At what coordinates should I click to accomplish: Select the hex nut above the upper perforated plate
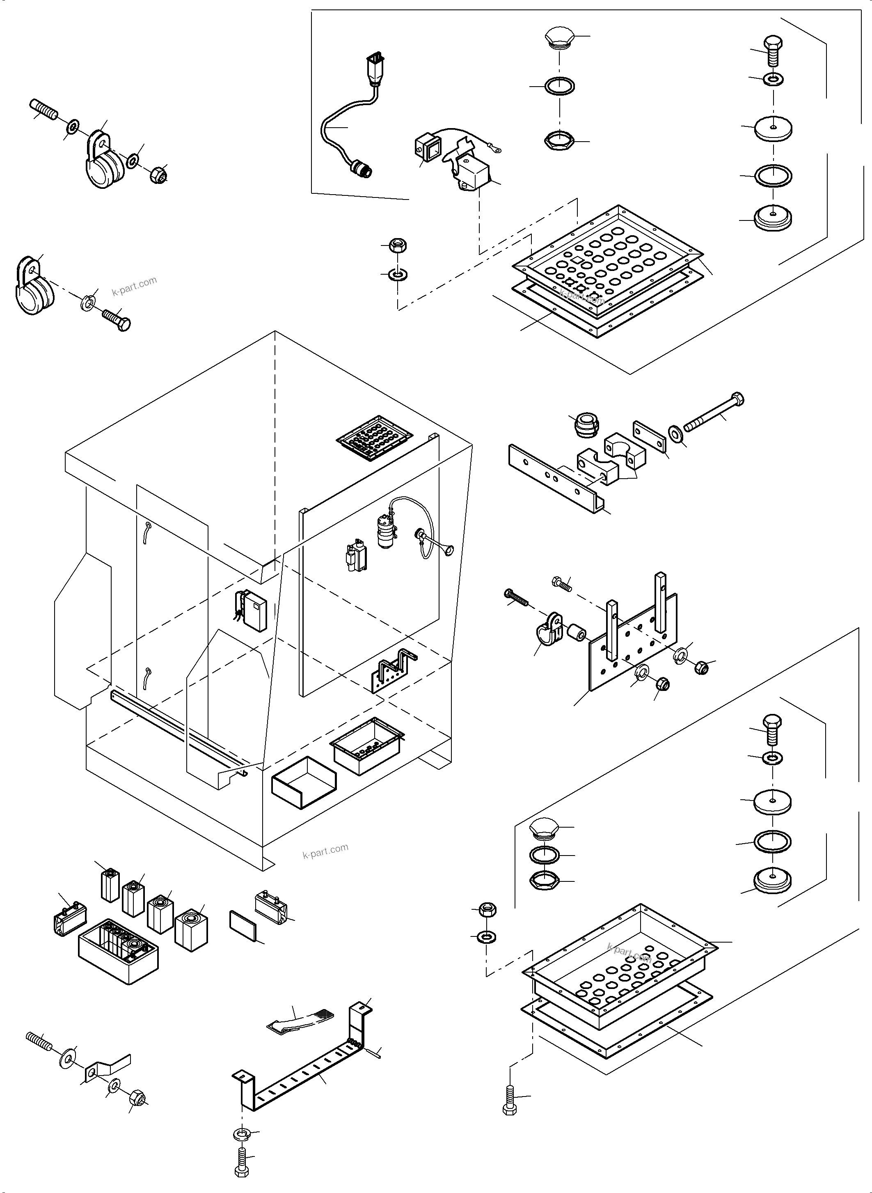point(397,245)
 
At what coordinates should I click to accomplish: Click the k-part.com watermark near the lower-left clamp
point(135,286)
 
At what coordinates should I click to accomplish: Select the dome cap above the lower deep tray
point(544,830)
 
